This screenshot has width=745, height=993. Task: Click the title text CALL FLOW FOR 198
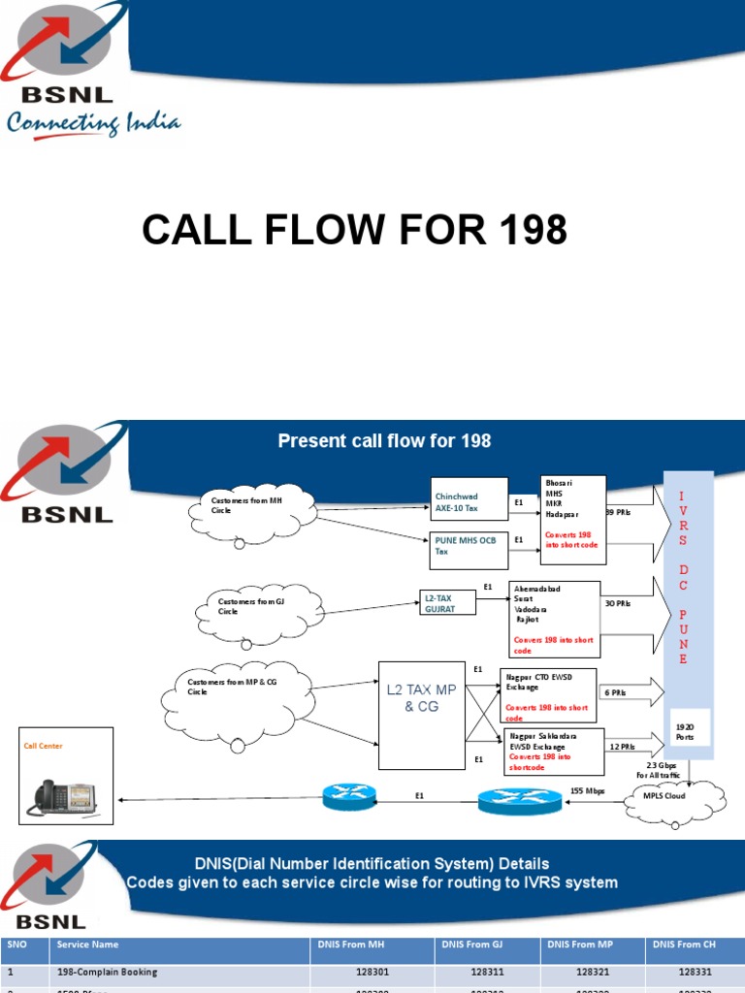[354, 231]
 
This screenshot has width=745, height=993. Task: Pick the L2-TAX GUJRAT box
[449, 602]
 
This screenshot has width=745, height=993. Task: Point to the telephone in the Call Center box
[65, 796]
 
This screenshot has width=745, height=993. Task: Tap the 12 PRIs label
[623, 746]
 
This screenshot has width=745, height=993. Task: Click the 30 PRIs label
[618, 603]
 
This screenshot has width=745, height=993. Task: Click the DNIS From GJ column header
[470, 944]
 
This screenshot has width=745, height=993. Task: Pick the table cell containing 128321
[592, 972]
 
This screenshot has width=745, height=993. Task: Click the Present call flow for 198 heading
[384, 441]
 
